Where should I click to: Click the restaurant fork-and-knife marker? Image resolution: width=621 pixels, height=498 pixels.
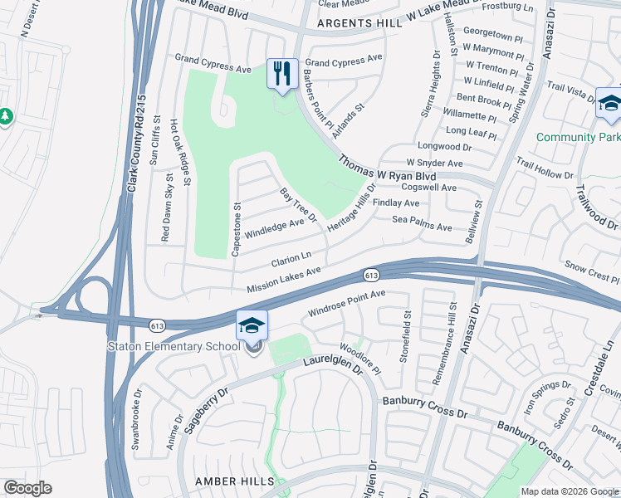click(x=282, y=73)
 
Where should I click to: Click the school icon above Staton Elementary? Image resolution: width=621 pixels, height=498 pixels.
click(x=252, y=325)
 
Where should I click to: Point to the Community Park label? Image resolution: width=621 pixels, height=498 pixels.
click(x=578, y=137)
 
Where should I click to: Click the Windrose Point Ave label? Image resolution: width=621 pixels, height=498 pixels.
click(x=347, y=303)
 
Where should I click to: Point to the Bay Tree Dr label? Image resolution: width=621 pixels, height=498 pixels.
click(x=299, y=205)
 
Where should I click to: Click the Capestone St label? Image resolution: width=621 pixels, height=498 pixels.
click(x=237, y=229)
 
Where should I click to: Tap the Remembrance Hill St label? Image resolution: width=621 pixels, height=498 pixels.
click(x=441, y=343)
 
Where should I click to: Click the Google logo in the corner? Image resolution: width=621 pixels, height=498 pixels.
click(x=27, y=488)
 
